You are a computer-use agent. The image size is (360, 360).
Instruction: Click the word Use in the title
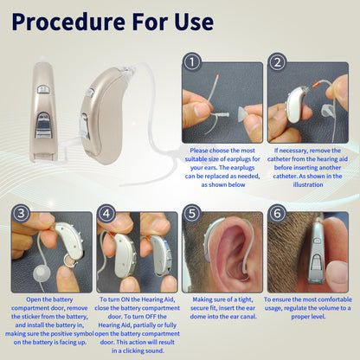tap(194, 22)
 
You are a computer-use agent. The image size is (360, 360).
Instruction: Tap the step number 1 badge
tap(192, 62)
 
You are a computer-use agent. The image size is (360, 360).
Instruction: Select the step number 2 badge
tap(277, 62)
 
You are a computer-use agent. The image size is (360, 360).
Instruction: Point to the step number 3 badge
tap(21, 213)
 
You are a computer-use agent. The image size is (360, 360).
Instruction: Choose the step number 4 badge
tap(106, 213)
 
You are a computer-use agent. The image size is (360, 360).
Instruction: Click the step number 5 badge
tap(192, 213)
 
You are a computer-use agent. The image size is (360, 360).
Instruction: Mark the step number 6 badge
tap(277, 213)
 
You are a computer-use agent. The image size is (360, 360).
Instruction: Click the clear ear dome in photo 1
tap(242, 113)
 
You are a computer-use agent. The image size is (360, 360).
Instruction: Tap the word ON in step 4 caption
tap(125, 299)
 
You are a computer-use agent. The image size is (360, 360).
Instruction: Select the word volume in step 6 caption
tap(328, 308)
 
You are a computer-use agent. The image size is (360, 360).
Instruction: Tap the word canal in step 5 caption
tap(247, 317)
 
